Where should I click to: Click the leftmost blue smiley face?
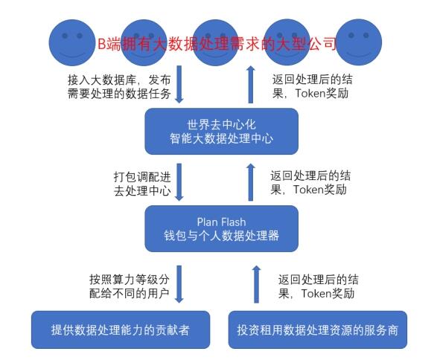(72, 42)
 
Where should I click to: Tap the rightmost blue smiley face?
(359, 42)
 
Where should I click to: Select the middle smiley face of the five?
(215, 42)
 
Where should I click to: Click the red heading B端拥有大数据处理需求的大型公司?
(217, 44)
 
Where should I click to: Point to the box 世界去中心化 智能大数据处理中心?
(222, 131)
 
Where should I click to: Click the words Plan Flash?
(222, 222)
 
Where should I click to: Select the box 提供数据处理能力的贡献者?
(121, 330)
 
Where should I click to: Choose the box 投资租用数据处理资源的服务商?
(318, 330)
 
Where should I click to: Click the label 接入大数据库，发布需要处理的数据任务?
(119, 86)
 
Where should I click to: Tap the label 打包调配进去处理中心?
(142, 184)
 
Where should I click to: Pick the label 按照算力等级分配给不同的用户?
(130, 286)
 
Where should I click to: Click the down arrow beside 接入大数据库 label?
(179, 84)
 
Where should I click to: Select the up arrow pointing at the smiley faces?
(251, 84)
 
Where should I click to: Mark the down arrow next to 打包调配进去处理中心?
(179, 182)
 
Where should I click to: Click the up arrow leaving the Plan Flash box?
(251, 182)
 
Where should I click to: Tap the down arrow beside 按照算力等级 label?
(179, 284)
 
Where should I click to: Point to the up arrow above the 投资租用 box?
(256, 284)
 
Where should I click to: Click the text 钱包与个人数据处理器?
(222, 236)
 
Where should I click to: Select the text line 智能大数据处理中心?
(222, 138)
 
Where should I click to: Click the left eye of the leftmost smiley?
(65, 36)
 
